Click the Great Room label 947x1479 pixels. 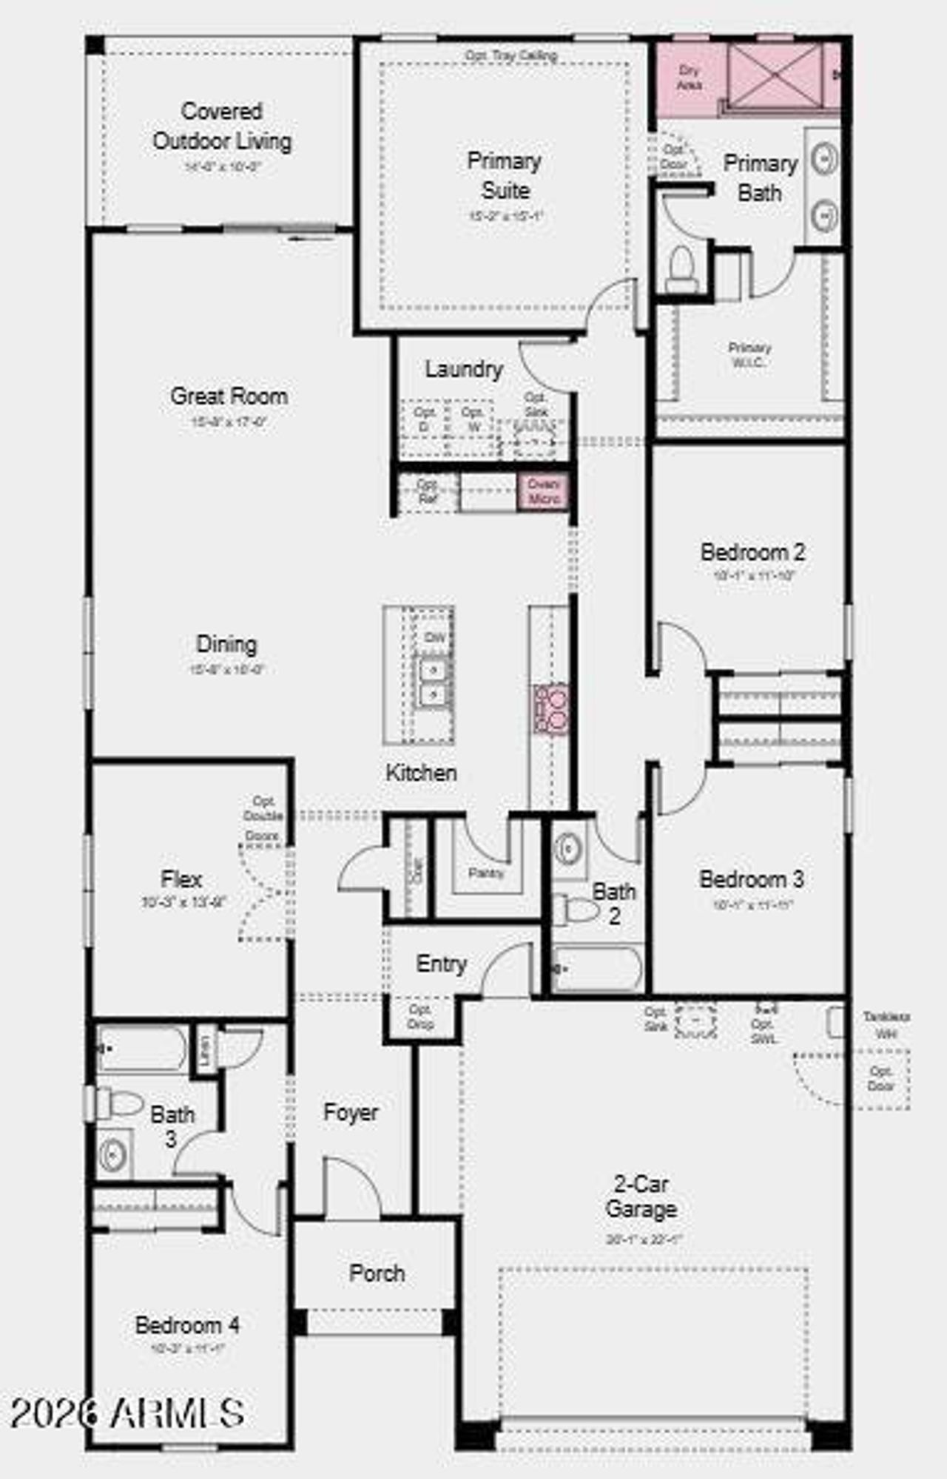(x=229, y=396)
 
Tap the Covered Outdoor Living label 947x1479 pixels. (x=222, y=126)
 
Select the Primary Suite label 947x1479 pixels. (x=505, y=175)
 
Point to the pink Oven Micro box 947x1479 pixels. (x=544, y=492)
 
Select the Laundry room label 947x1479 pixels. (x=464, y=369)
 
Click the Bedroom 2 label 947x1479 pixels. (x=752, y=552)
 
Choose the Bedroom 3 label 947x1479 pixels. (x=752, y=879)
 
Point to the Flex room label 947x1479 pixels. (x=181, y=879)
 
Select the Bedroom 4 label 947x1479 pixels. (x=187, y=1324)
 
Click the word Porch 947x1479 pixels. (x=377, y=1273)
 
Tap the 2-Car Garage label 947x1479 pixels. (x=641, y=1197)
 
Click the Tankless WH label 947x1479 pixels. (x=886, y=1026)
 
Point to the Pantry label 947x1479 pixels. (x=486, y=873)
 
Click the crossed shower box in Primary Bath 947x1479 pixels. (x=775, y=76)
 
